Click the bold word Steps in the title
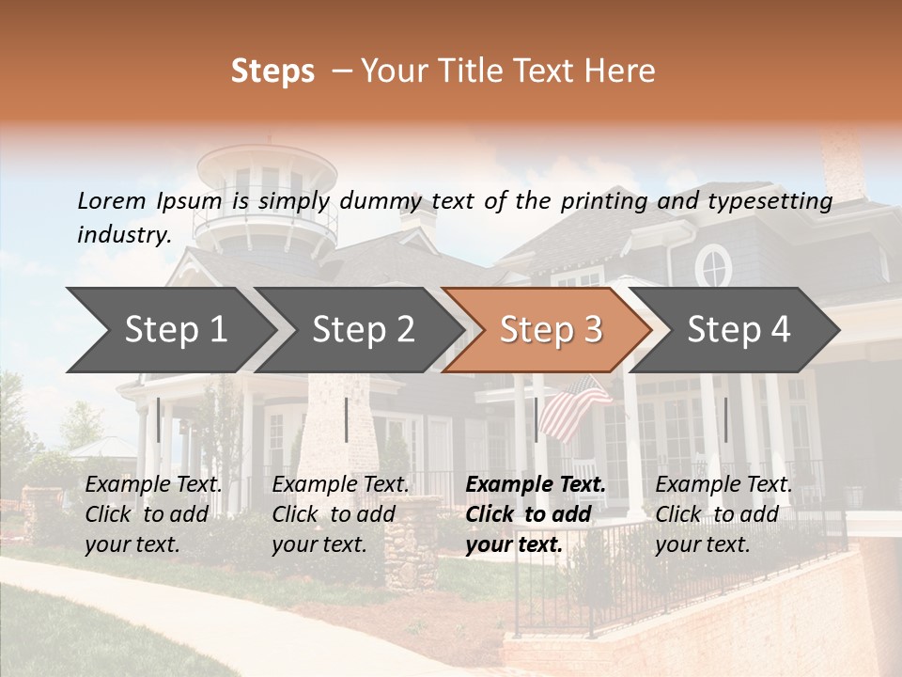[272, 71]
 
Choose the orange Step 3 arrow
[551, 330]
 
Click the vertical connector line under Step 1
[159, 419]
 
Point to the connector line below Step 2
[347, 419]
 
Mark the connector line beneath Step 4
[725, 419]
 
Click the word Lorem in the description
[112, 201]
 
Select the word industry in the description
[123, 235]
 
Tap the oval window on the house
[714, 266]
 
